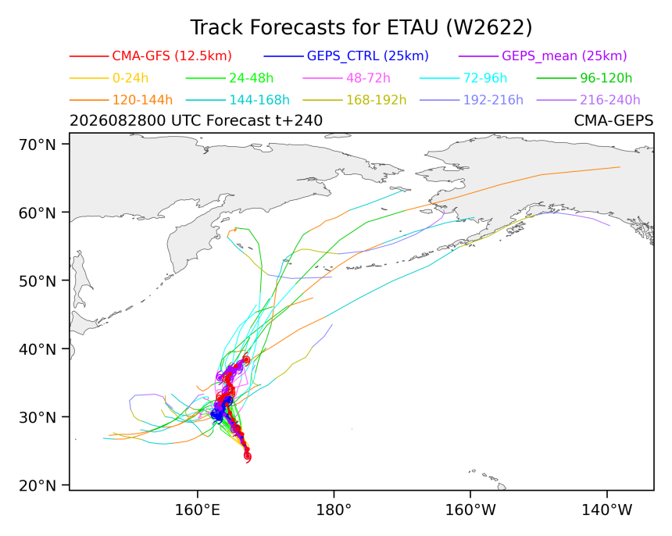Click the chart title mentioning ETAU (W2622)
click(x=361, y=28)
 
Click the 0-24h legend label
click(x=130, y=78)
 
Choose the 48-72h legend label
click(x=368, y=78)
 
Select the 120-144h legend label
click(x=142, y=100)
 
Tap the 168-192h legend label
click(x=377, y=100)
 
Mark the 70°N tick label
click(x=38, y=145)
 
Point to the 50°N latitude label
click(x=38, y=281)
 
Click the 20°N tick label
click(x=38, y=486)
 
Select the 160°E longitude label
click(x=198, y=510)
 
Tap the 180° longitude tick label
click(x=334, y=510)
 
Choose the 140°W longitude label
click(x=607, y=510)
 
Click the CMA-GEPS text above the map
click(x=613, y=121)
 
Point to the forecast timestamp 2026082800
click(x=117, y=121)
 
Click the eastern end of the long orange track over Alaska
click(x=620, y=167)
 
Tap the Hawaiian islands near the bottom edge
click(x=488, y=479)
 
